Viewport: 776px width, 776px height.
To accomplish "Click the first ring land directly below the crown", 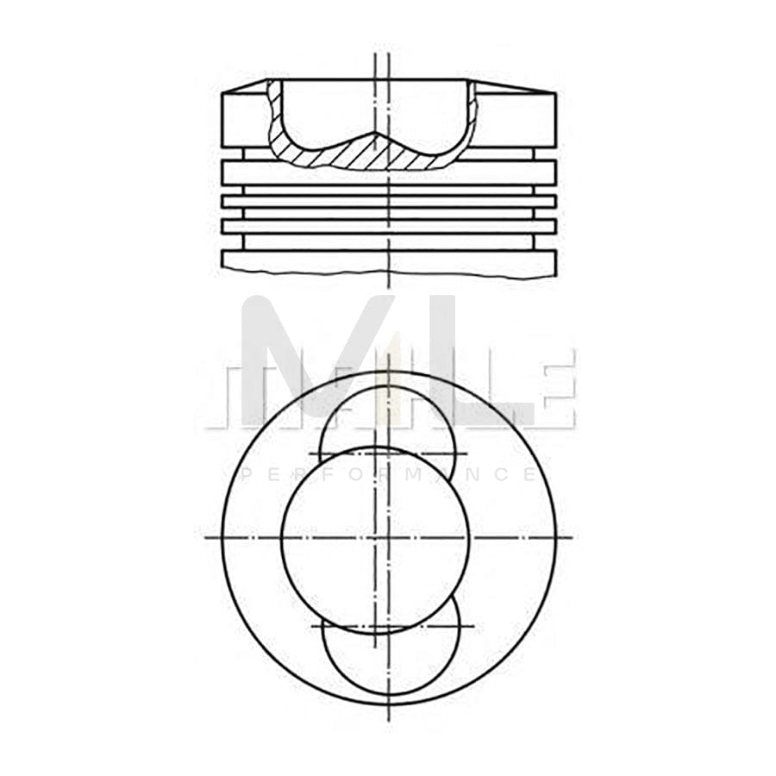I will tap(388, 172).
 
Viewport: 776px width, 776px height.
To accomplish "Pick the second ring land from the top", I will tap(388, 201).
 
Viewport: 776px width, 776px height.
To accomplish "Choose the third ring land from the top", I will tap(388, 226).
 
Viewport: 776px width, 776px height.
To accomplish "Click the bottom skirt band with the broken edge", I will tap(388, 262).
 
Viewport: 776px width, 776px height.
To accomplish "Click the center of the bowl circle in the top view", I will tap(376, 537).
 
